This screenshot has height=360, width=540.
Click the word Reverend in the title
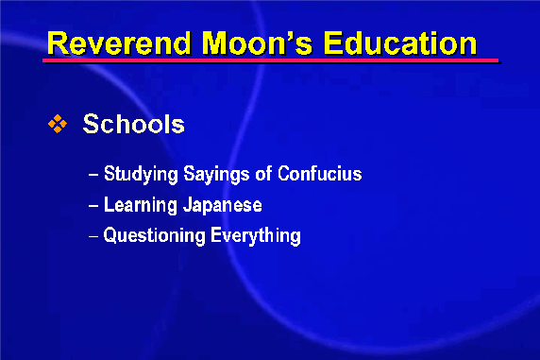pyautogui.click(x=119, y=43)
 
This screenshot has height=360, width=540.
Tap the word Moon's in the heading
pyautogui.click(x=257, y=43)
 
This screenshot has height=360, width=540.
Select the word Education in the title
pyautogui.click(x=400, y=43)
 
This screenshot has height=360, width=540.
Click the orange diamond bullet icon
pyautogui.click(x=58, y=124)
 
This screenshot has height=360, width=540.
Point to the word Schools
pyautogui.click(x=134, y=124)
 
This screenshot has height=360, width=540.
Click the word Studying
pyautogui.click(x=141, y=174)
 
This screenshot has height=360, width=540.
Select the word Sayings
pyautogui.click(x=216, y=174)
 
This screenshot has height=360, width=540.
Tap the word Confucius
pyautogui.click(x=320, y=173)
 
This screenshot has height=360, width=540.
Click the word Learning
pyautogui.click(x=140, y=206)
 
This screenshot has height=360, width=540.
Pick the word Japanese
pyautogui.click(x=223, y=206)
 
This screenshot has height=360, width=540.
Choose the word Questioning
pyautogui.click(x=154, y=236)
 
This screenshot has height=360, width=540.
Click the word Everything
pyautogui.click(x=256, y=236)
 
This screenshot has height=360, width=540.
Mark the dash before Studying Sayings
pyautogui.click(x=93, y=175)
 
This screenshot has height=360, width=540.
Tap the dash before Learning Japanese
pyautogui.click(x=93, y=206)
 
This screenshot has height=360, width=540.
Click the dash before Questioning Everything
pyautogui.click(x=93, y=237)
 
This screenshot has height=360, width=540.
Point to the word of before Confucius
pyautogui.click(x=263, y=173)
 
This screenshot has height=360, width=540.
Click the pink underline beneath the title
pyautogui.click(x=271, y=60)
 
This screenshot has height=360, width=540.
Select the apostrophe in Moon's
pyautogui.click(x=282, y=36)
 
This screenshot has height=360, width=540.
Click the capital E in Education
pyautogui.click(x=333, y=43)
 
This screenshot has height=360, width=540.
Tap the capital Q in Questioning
pyautogui.click(x=110, y=235)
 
